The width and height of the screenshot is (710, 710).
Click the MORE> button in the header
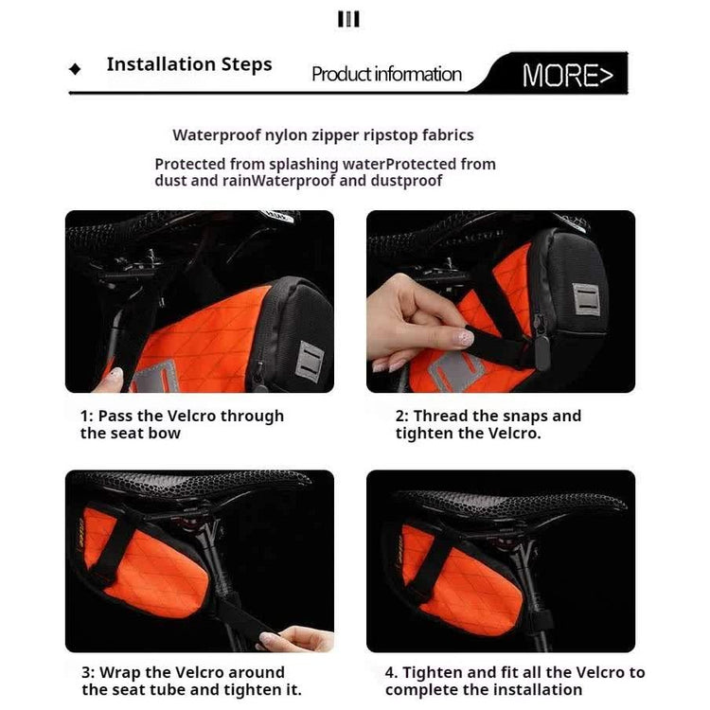tap(567, 75)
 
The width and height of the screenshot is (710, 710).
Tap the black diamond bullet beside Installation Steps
tap(75, 69)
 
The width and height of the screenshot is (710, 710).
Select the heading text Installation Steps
tap(189, 64)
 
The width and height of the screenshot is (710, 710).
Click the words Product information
tap(386, 74)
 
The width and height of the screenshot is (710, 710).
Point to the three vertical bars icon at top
tap(348, 19)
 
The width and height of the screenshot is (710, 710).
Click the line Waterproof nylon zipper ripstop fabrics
tap(323, 135)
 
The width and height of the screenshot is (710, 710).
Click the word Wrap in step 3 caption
tap(120, 673)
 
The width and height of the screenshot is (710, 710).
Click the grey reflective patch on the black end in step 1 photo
tap(310, 362)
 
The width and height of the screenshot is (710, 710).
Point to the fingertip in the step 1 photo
tap(112, 379)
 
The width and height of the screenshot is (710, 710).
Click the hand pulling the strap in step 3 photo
tap(299, 638)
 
